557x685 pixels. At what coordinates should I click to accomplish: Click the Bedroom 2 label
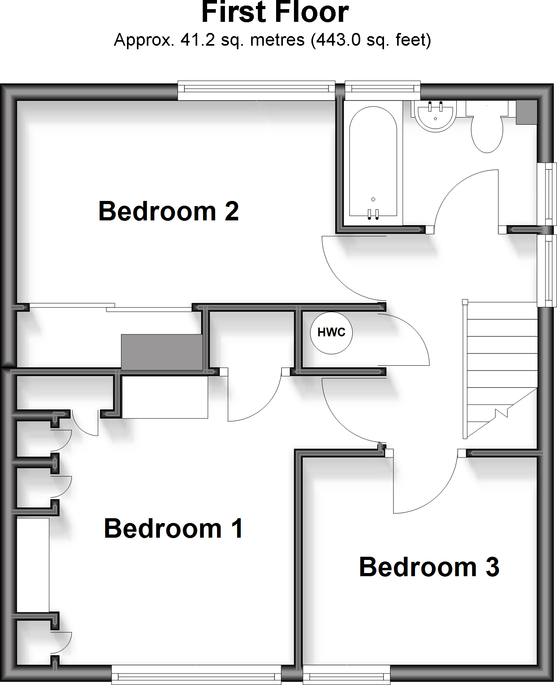click(x=169, y=211)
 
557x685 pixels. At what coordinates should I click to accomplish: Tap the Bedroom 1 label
click(x=173, y=529)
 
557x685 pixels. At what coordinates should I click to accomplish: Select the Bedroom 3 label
click(x=428, y=567)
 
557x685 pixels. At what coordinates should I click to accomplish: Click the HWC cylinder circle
click(x=331, y=332)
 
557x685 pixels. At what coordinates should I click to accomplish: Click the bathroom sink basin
click(x=436, y=115)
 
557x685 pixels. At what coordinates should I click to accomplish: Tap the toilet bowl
click(x=487, y=133)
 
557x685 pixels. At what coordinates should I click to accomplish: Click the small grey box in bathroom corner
click(x=526, y=112)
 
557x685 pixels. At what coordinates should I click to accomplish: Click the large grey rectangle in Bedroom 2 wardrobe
click(x=162, y=352)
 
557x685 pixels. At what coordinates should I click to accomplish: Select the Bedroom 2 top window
click(x=256, y=90)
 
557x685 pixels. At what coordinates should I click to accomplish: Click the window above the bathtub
click(x=382, y=90)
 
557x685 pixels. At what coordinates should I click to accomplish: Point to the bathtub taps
click(x=373, y=214)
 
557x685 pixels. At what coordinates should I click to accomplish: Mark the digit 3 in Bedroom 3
click(x=492, y=567)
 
